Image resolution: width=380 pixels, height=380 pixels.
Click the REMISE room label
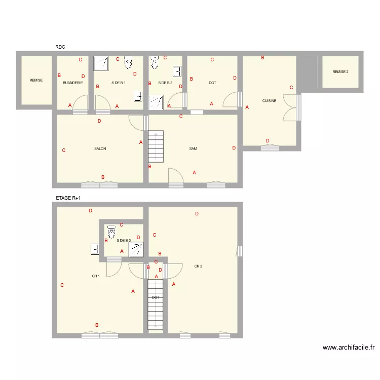click(36, 80)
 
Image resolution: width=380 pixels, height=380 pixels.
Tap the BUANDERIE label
click(72, 83)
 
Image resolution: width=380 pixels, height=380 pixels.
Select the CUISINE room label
click(269, 101)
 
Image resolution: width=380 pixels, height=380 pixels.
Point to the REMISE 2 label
click(340, 72)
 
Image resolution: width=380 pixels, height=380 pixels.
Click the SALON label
click(100, 149)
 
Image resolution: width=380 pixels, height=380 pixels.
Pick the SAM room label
click(193, 149)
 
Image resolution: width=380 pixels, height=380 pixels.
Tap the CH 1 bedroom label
click(96, 276)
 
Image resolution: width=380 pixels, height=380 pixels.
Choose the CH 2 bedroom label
click(198, 266)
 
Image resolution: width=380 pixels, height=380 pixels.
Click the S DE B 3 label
click(124, 241)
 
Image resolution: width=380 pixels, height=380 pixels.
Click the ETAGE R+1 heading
click(68, 199)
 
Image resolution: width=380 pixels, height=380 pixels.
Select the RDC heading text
click(60, 47)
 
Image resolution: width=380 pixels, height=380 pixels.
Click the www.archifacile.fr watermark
click(349, 348)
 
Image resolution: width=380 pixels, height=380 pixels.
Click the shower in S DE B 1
click(102, 62)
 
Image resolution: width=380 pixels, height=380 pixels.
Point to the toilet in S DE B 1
click(128, 62)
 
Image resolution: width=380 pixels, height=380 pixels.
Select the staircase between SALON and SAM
click(156, 146)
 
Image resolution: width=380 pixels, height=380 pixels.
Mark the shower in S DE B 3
click(136, 249)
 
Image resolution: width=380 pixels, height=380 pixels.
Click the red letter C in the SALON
click(63, 150)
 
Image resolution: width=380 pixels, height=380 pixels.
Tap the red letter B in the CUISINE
click(262, 58)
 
